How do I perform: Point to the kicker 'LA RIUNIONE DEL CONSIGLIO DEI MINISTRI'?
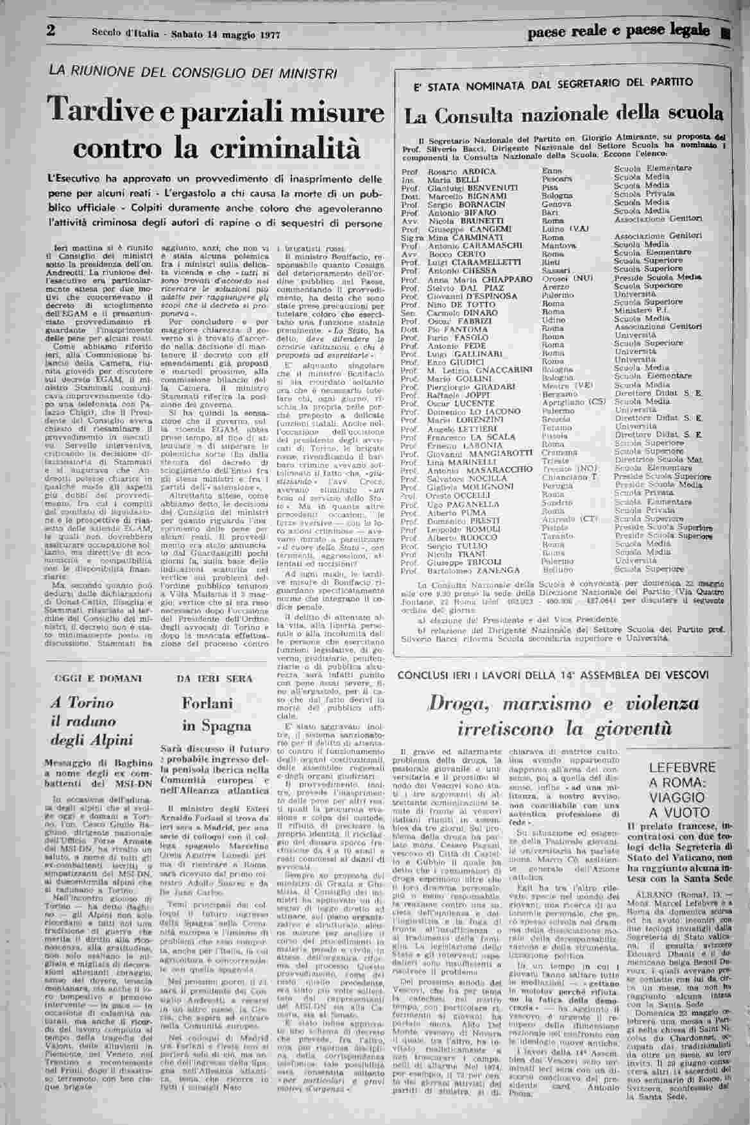pyautogui.click(x=192, y=72)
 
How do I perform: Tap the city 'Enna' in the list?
pyautogui.click(x=552, y=171)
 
